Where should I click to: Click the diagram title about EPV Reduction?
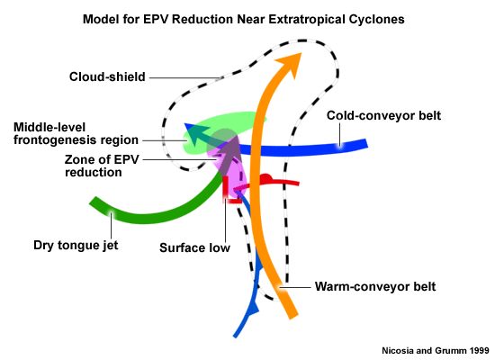point(243,19)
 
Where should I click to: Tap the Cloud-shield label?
point(107,76)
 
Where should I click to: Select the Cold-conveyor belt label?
point(383,115)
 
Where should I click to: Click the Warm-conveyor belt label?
point(375,286)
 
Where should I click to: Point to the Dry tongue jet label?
point(76,246)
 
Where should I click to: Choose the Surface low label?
point(194,247)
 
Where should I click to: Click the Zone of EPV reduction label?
point(102,166)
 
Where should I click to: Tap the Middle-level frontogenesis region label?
point(76,133)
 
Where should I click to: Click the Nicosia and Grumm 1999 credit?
point(436,350)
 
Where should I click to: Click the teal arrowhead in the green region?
point(196,132)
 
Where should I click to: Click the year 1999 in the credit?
point(479,350)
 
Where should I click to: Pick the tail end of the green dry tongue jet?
point(93,202)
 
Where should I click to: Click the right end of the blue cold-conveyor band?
point(366,144)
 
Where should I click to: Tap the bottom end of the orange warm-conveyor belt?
point(293,316)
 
